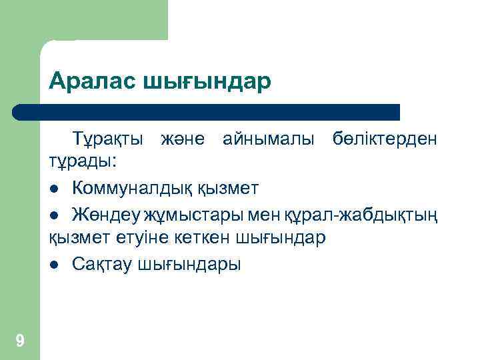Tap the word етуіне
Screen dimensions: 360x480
pyautogui.click(x=146, y=239)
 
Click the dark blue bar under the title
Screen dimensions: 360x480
pyautogui.click(x=207, y=111)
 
